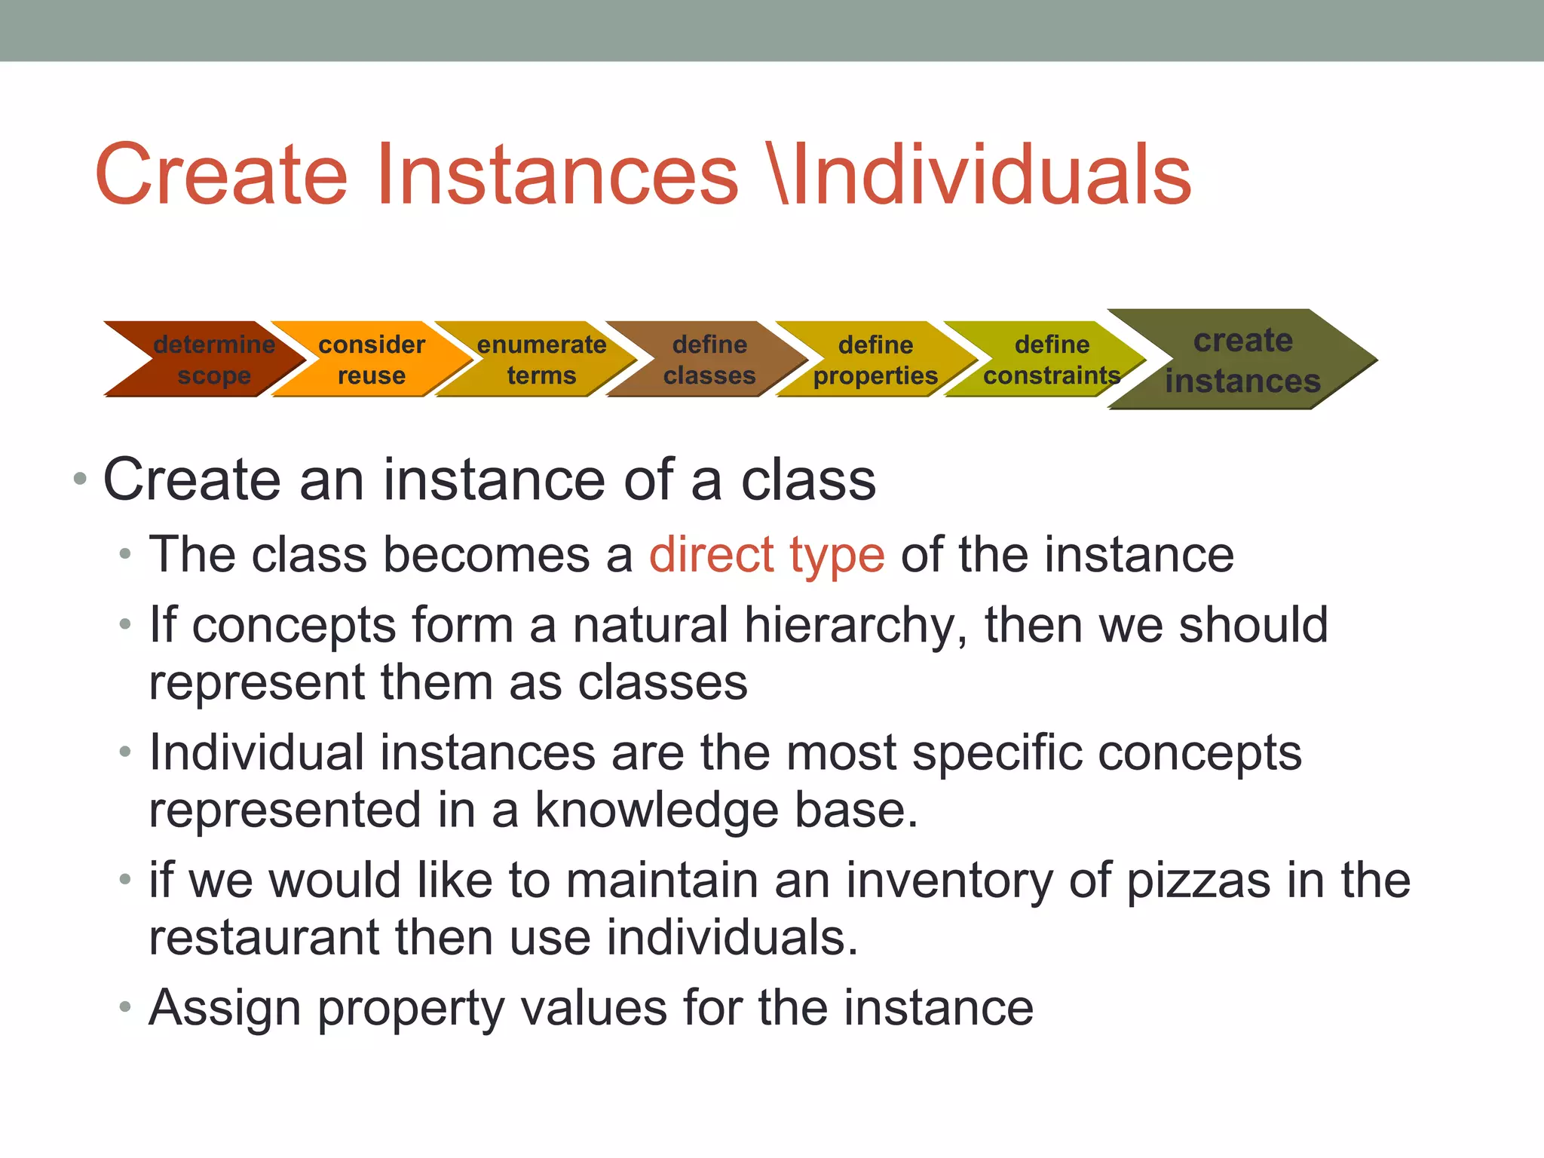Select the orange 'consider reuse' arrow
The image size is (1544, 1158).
click(371, 360)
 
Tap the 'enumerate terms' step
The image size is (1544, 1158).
click(541, 360)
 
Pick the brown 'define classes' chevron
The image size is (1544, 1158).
click(709, 360)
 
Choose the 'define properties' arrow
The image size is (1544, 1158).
click(875, 360)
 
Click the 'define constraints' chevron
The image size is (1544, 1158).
click(1051, 360)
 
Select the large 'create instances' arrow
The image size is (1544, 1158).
click(1242, 360)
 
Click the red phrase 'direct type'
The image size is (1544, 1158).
click(767, 555)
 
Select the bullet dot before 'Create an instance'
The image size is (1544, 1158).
click(81, 479)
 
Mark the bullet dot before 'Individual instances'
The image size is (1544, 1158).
click(126, 752)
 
